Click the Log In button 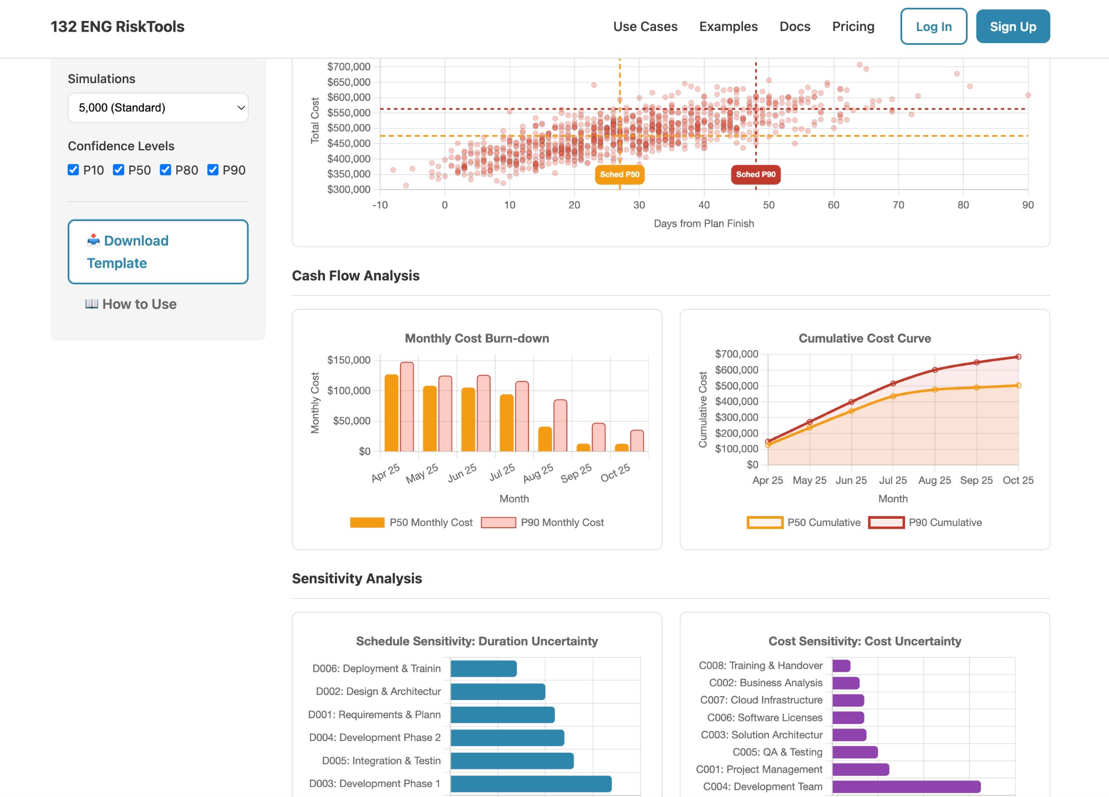click(x=933, y=27)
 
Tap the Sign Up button click(x=1013, y=27)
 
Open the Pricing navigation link click(x=853, y=27)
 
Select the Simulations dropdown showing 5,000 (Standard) click(x=158, y=108)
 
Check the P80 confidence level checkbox click(x=165, y=170)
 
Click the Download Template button click(x=158, y=252)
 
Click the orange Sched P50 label click(x=619, y=175)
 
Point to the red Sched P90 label click(x=755, y=175)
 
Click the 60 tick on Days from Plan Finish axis click(x=833, y=205)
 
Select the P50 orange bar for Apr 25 click(x=391, y=413)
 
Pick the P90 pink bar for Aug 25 click(x=560, y=425)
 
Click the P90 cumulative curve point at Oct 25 click(x=1018, y=357)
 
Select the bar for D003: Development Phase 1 click(x=531, y=784)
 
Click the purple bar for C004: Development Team click(x=906, y=786)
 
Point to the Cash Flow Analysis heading click(x=355, y=275)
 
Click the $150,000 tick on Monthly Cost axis click(x=349, y=360)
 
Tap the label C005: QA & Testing click(x=777, y=752)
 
